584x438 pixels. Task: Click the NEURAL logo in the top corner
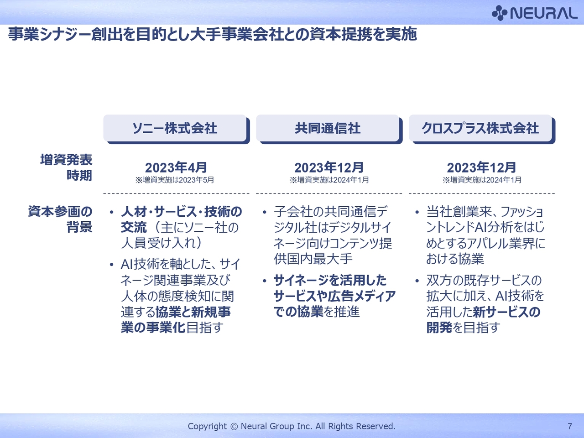coord(534,13)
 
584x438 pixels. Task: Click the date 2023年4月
coord(176,167)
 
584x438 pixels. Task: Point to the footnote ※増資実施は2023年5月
coord(175,180)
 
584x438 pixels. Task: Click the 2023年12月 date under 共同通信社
coord(329,167)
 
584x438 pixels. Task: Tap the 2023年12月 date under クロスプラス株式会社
coord(481,167)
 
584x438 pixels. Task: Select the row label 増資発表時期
coord(66,167)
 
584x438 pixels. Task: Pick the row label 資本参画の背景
coord(60,219)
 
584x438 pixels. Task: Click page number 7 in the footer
coord(570,426)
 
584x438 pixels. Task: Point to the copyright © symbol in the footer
coord(234,427)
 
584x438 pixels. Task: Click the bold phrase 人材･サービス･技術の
coord(182,212)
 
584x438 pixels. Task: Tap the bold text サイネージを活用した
coord(330,280)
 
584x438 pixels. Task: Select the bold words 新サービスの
coord(506,312)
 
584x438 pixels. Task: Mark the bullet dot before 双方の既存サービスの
coord(417,281)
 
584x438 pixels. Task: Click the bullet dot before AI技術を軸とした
coord(111,265)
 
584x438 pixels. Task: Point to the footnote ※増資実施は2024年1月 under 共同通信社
coord(329,180)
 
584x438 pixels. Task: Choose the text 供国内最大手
coord(313,259)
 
